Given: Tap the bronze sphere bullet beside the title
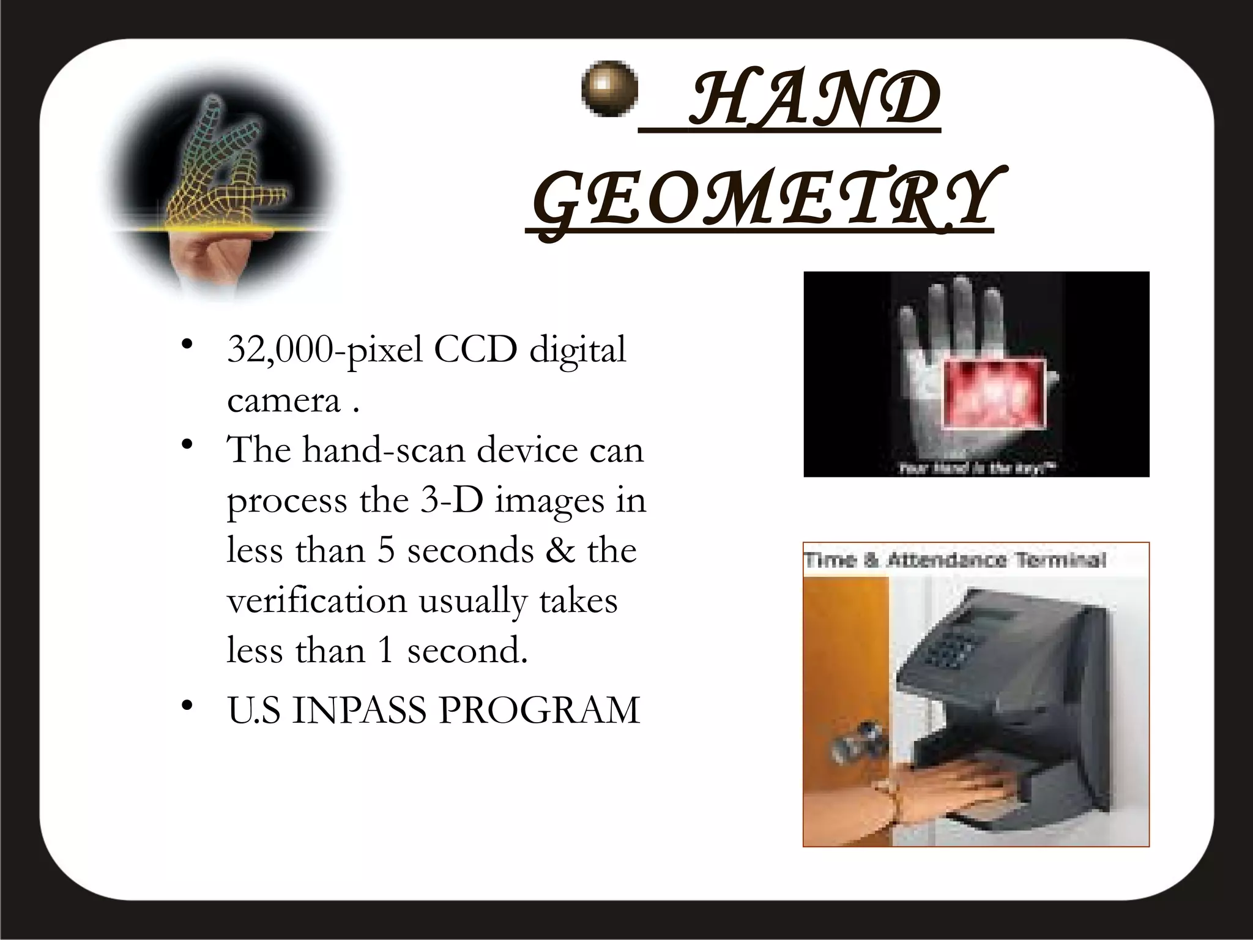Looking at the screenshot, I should pyautogui.click(x=609, y=89).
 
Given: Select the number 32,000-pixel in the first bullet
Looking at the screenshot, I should pyautogui.click(x=325, y=351).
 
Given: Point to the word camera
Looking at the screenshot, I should pyautogui.click(x=283, y=401).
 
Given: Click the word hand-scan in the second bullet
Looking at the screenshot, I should pyautogui.click(x=384, y=450).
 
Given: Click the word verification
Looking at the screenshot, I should pyautogui.click(x=317, y=600).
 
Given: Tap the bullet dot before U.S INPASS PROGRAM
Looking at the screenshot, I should pyautogui.click(x=187, y=707).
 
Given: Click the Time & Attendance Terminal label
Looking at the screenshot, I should pyautogui.click(x=954, y=560).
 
